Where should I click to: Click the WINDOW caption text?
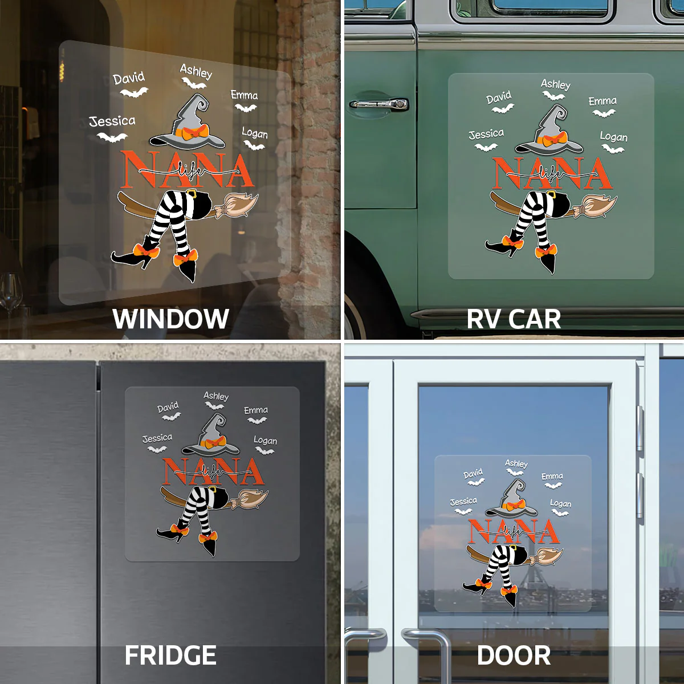click(171, 319)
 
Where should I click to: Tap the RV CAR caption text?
click(513, 319)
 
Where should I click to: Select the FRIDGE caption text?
click(171, 655)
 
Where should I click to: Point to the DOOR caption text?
click(514, 655)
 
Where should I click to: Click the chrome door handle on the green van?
click(379, 104)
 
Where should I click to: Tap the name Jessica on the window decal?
click(112, 121)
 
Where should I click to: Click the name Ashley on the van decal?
click(556, 84)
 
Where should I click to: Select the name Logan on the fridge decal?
click(265, 440)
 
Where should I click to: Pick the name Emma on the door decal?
click(552, 476)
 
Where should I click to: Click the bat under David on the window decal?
click(134, 92)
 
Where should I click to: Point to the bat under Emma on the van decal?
click(604, 113)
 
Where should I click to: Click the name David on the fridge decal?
click(168, 407)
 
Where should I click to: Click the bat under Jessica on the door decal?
click(463, 511)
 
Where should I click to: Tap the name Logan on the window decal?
click(254, 133)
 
